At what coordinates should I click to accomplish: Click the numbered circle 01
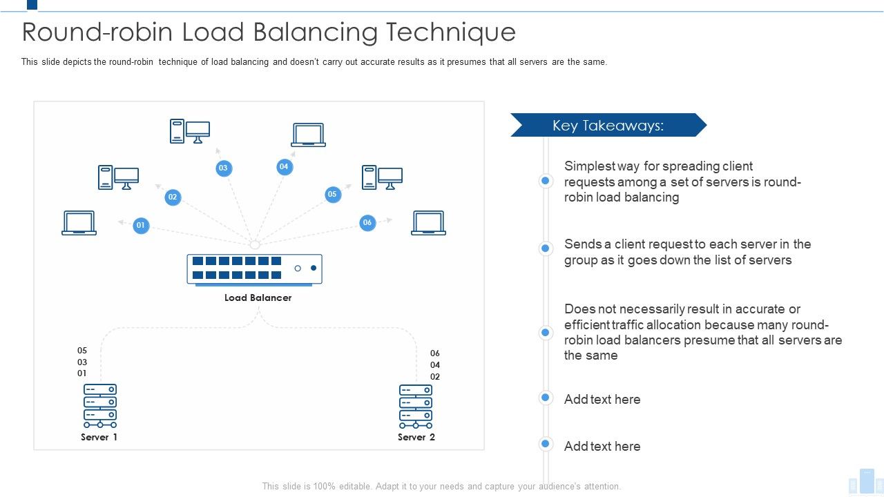[x=141, y=225]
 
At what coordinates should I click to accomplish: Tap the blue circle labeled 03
[x=223, y=168]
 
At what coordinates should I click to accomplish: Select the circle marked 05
[x=333, y=195]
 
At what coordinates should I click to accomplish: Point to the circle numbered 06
[x=367, y=222]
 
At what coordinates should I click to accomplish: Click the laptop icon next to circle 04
[x=308, y=135]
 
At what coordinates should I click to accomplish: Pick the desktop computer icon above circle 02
[x=118, y=177]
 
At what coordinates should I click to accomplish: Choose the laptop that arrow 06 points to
[x=428, y=223]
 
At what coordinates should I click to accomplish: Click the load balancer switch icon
[x=254, y=269]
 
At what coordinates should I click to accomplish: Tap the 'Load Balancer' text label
[x=258, y=298]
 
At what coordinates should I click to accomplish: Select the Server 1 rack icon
[x=100, y=407]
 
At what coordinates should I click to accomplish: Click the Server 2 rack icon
[x=416, y=407]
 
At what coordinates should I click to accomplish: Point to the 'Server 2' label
[x=416, y=437]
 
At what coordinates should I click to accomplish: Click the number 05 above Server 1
[x=82, y=351]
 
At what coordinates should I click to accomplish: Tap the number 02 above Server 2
[x=435, y=377]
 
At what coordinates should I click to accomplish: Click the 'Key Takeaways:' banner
[x=608, y=126]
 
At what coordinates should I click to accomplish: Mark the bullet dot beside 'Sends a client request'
[x=546, y=248]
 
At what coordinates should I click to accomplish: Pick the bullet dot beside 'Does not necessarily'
[x=546, y=333]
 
